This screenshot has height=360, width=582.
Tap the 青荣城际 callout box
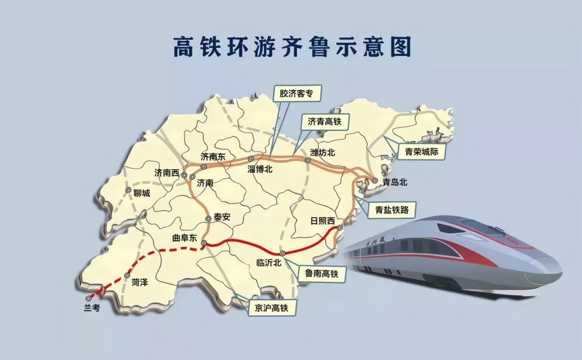422,152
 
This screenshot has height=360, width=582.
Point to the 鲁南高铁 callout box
318,274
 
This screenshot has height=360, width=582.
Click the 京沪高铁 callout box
268,308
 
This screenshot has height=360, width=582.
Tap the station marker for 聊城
128,190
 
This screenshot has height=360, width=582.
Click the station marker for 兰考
88,298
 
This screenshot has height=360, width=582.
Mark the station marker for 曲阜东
204,244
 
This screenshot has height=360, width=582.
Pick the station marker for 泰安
208,219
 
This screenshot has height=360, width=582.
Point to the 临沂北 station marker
282,253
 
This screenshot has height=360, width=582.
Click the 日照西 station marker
339,228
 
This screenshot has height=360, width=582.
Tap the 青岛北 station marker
375,181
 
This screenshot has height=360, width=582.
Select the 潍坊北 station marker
308,160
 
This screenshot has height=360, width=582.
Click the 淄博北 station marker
251,158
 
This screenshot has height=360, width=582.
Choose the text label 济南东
213,156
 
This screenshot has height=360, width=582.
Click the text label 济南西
167,173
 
